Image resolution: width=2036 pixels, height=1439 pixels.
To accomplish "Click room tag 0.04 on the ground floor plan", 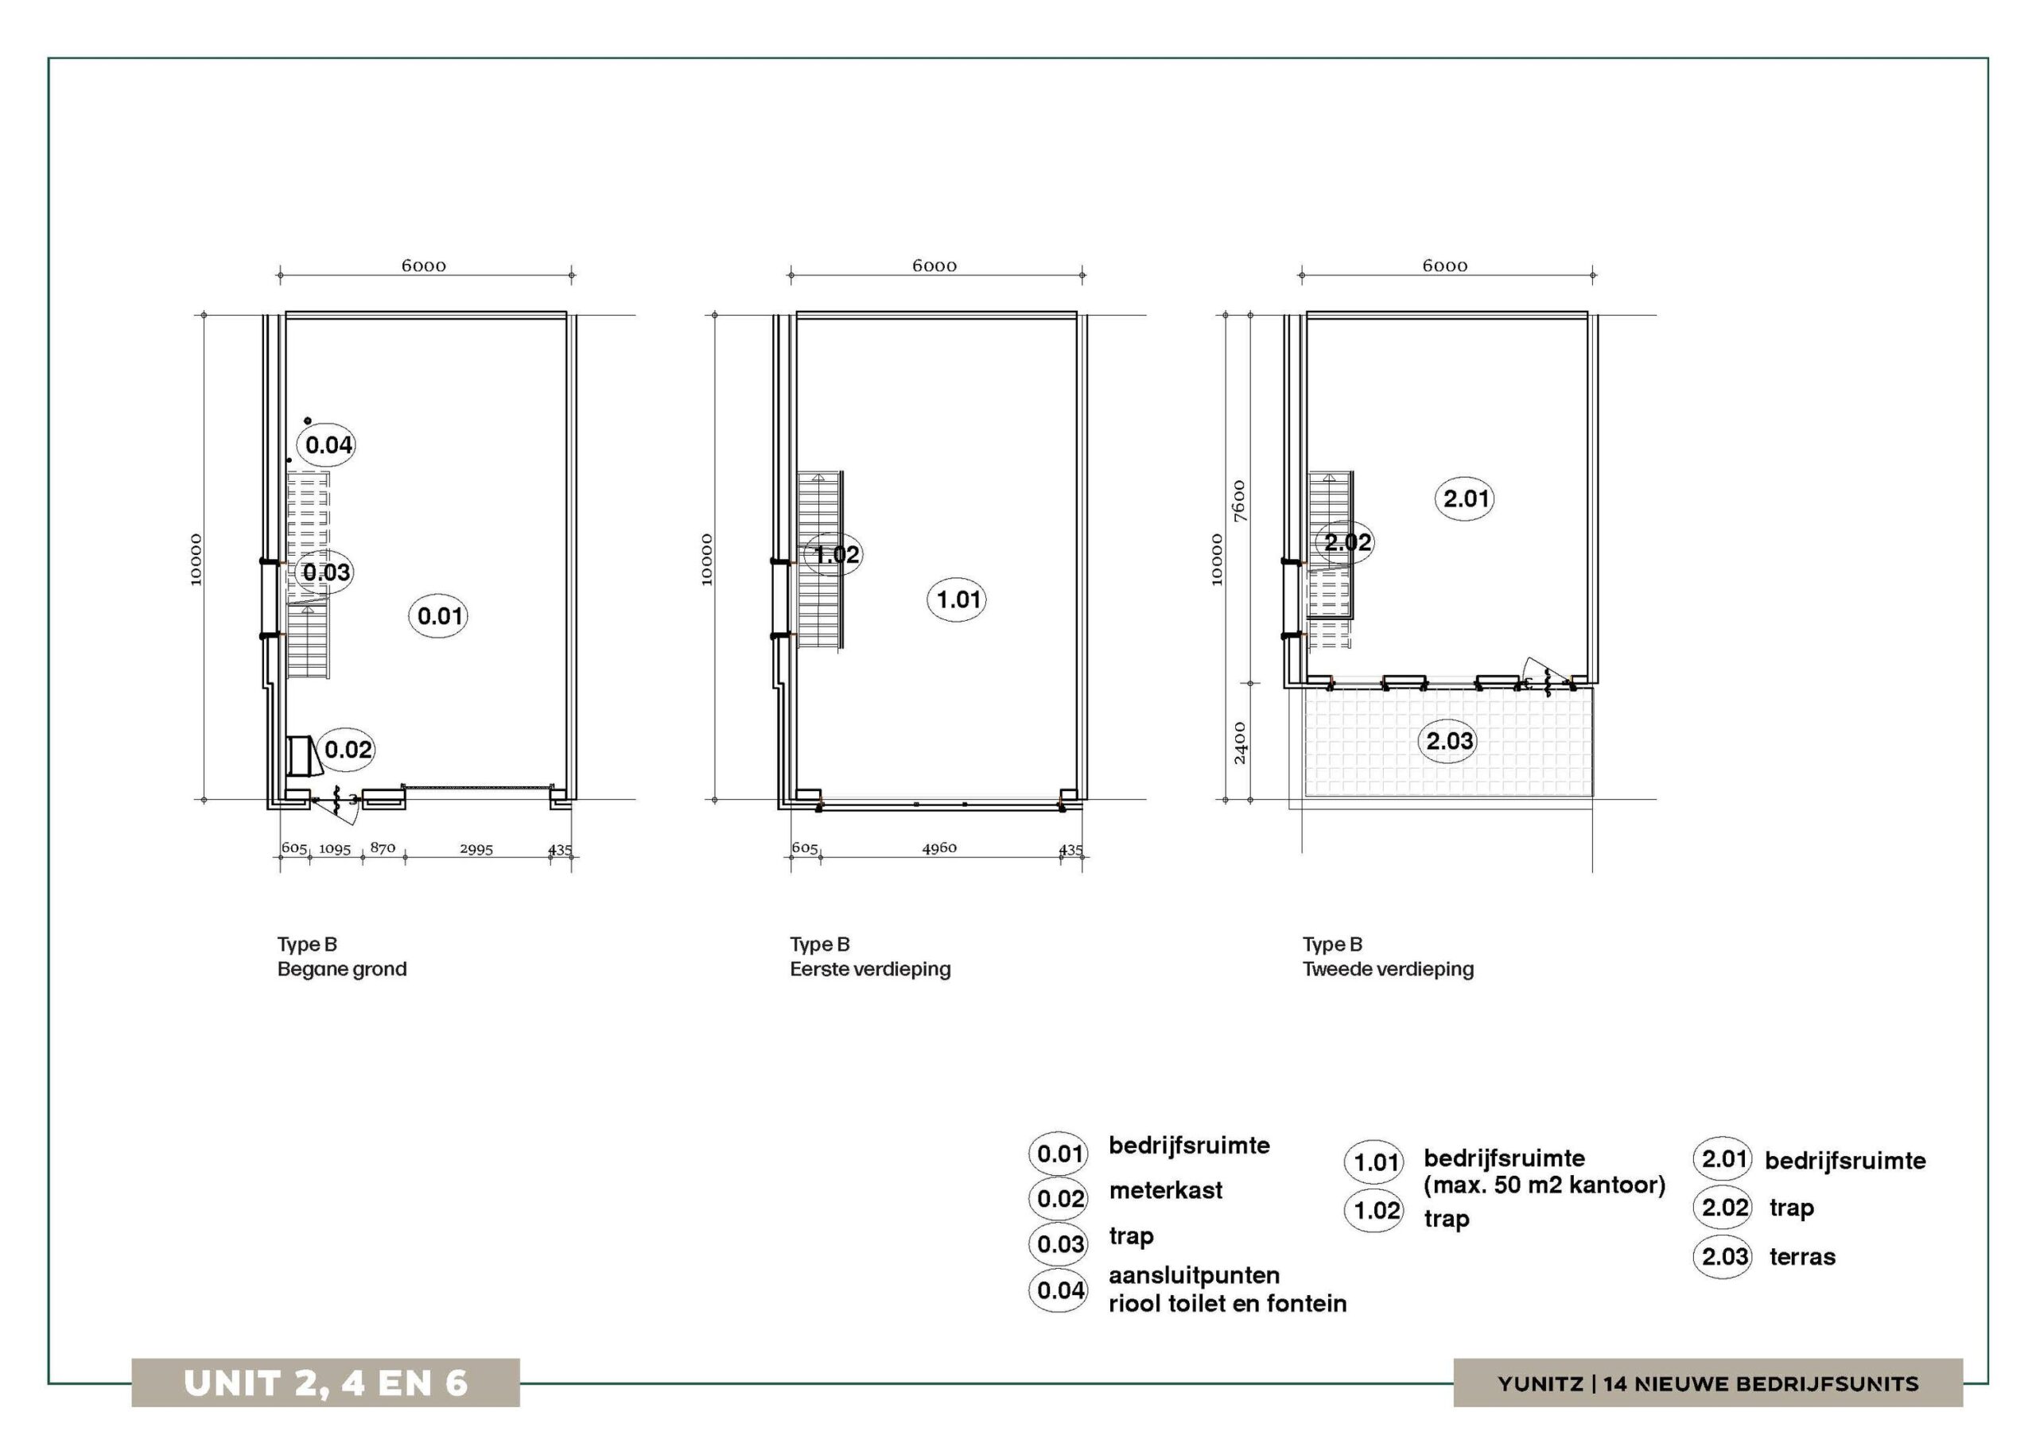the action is click(329, 444).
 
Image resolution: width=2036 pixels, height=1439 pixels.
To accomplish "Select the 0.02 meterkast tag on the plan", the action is click(348, 750).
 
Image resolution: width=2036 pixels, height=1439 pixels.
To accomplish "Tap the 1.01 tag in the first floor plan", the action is click(958, 599).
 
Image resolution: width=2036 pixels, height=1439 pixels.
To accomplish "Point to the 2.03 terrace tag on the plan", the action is click(1450, 740).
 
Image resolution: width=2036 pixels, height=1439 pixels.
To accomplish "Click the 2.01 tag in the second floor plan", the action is click(1465, 498).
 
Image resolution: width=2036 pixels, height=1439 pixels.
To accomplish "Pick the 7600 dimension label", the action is click(1240, 501).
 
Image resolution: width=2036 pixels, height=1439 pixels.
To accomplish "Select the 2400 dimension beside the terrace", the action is click(1240, 743).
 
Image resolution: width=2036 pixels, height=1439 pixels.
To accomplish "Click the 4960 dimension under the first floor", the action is click(939, 848).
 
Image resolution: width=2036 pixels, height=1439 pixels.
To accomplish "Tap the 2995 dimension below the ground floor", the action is click(476, 849).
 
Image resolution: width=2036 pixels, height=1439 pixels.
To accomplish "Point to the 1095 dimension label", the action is click(335, 849).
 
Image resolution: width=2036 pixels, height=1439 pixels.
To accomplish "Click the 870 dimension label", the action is click(383, 847).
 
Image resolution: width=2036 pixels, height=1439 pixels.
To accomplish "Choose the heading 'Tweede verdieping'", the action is click(1388, 969).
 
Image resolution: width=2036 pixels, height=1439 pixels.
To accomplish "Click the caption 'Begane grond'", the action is click(342, 969).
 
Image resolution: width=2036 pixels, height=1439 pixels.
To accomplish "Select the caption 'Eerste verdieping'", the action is click(870, 969).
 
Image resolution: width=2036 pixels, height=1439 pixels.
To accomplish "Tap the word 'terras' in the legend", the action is click(1802, 1256).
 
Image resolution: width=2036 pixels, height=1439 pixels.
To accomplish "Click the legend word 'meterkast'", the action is click(1165, 1190).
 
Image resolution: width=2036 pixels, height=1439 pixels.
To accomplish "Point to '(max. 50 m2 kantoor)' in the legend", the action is click(1544, 1185).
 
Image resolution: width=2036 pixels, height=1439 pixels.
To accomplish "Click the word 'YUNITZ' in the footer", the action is click(1541, 1384).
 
